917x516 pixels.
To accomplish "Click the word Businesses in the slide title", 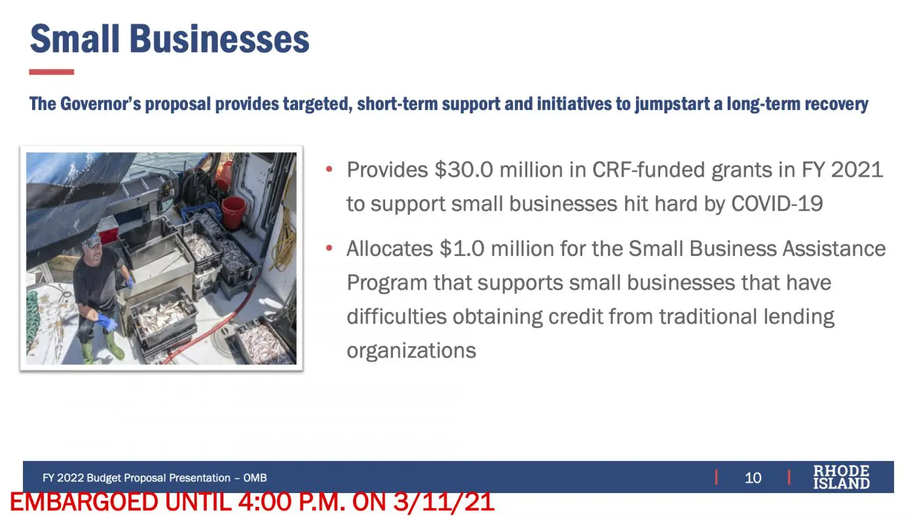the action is point(219,39).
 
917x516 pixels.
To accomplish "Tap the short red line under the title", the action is point(52,72).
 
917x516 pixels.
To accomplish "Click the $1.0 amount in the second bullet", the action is point(462,248).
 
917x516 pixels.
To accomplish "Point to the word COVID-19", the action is point(777,204).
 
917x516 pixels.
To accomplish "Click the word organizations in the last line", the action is point(411,351).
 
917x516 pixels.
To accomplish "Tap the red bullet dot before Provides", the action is point(329,169).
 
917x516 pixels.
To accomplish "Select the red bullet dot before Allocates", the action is point(329,248).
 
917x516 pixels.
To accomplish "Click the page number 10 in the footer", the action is point(753,477).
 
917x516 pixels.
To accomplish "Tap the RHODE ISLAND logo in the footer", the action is point(841,477).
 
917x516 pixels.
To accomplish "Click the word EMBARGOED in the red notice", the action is point(84,502).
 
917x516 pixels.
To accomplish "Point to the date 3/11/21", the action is point(444,502).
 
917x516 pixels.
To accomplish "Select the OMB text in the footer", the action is point(255,477).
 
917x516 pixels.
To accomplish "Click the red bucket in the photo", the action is point(234,212).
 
